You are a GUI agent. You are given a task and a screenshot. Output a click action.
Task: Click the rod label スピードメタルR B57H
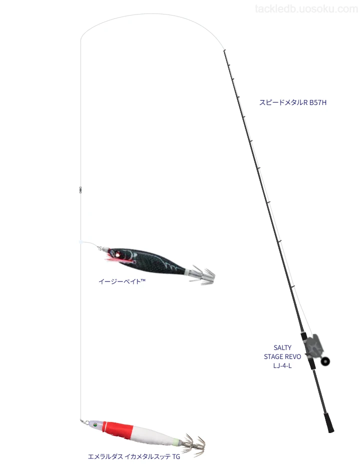pyautogui.click(x=292, y=102)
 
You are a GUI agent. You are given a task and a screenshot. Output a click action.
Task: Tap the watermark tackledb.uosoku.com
pyautogui.click(x=306, y=9)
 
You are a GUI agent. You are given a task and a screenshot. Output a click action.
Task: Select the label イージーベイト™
pyautogui.click(x=122, y=281)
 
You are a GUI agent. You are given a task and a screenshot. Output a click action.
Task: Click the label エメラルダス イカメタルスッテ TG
pyautogui.click(x=134, y=456)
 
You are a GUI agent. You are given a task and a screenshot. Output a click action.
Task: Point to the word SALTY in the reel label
pyautogui.click(x=282, y=347)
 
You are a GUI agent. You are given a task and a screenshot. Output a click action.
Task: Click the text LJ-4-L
pyautogui.click(x=282, y=365)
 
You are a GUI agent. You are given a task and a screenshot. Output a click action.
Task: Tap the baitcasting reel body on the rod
pyautogui.click(x=313, y=346)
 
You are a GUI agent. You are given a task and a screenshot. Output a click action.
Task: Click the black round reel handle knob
pyautogui.click(x=326, y=361)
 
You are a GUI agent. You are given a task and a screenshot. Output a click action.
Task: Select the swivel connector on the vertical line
pyautogui.click(x=80, y=189)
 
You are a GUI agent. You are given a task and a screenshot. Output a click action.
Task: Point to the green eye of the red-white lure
pyautogui.click(x=95, y=424)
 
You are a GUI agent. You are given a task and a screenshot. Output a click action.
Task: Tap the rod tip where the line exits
pyautogui.click(x=224, y=50)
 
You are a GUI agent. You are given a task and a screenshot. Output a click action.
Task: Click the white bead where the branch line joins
pyautogui.click(x=80, y=242)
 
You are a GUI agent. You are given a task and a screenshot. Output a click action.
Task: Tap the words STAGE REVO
pyautogui.click(x=282, y=356)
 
